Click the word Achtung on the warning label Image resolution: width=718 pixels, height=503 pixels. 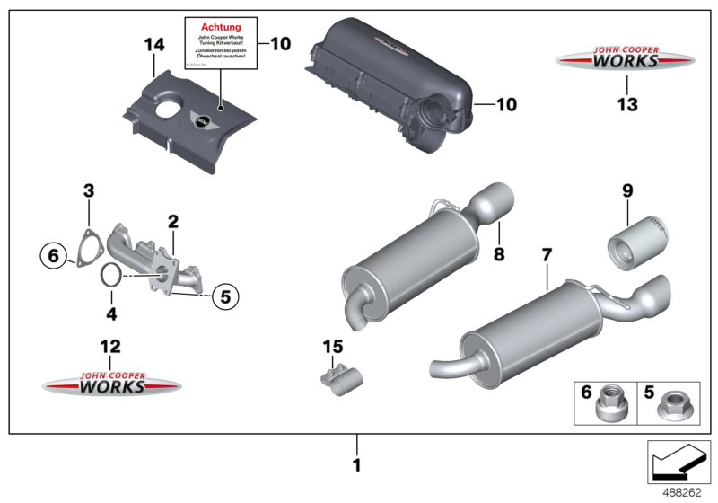[x=221, y=27]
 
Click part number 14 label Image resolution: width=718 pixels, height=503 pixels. [x=153, y=42]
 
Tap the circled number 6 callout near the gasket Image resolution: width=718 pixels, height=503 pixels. [x=53, y=256]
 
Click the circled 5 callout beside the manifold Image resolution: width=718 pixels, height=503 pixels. [x=225, y=293]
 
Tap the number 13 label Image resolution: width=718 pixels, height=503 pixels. [x=626, y=105]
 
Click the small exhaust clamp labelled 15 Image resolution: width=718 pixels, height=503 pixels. [x=339, y=381]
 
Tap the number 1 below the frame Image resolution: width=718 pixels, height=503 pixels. [x=356, y=465]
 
